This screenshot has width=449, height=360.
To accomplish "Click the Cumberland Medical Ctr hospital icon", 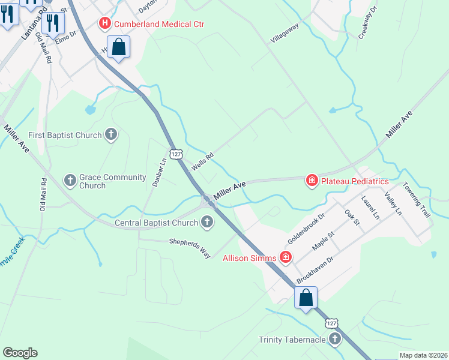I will tap(105, 24).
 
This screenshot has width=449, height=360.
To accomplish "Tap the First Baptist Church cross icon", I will tap(110, 135).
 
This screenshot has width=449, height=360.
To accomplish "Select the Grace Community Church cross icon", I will tap(70, 180).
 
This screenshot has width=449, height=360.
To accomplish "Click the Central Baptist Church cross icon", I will tap(206, 223).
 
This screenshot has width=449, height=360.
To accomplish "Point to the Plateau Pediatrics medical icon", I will tap(312, 181).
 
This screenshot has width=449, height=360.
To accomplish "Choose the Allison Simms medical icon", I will tap(286, 258).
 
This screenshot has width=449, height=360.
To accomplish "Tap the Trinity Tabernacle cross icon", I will tap(334, 340).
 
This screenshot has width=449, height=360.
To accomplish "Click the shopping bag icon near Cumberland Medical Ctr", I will tap(119, 47).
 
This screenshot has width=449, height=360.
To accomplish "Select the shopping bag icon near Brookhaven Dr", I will tap(306, 298).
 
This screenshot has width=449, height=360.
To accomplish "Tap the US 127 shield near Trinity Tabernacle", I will tap(332, 323).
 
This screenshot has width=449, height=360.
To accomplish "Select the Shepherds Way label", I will tap(190, 247).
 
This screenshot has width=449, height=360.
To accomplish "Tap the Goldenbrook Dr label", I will tap(306, 224).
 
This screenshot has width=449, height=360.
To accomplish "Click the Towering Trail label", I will tap(417, 200).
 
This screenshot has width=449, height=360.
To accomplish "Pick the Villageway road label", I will tap(285, 33).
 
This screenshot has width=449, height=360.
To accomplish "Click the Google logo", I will tap(20, 353).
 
